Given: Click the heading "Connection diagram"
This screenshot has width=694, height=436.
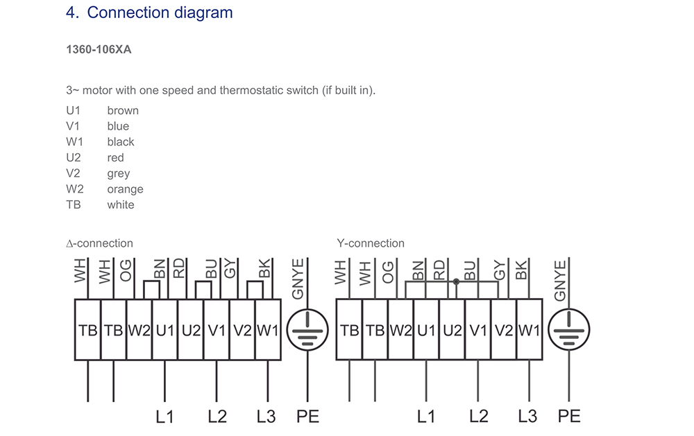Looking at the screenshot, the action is pos(160,12).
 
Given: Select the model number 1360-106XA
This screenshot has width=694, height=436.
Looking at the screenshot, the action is pos(99,49).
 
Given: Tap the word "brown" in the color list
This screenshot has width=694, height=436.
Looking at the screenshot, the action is pos(123,110).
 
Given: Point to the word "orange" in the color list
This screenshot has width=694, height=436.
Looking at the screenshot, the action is pos(125,189).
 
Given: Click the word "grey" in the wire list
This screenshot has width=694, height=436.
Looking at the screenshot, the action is pos(119,173).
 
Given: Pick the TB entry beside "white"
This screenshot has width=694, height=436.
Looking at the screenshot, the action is pos(74,204).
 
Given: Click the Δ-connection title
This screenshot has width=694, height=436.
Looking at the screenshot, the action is pos(99,243).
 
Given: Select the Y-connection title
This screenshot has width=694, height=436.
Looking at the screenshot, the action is pos(371,243).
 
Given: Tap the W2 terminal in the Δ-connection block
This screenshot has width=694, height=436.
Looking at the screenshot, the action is pos(139,330).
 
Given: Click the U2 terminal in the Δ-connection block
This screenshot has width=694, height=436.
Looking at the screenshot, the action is pos(191,330).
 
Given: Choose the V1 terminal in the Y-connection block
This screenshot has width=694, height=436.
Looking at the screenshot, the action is pos(478,330).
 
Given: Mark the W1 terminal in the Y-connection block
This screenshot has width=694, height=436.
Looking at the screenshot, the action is pos(530,330).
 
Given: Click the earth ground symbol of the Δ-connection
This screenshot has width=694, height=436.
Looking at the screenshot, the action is pos(307,330).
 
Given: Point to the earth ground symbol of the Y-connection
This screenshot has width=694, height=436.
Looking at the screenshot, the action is pos(569,330).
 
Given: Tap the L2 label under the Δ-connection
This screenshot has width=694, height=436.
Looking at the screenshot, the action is pos(217,417).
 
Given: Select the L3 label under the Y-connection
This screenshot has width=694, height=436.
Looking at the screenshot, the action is pos(527,417).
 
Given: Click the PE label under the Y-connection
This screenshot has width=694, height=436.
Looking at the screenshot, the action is pos(569,417).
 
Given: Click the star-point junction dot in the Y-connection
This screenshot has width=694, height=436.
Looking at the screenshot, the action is pos(456,281).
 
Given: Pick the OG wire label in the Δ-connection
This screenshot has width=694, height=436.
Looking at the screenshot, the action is pos(126,270).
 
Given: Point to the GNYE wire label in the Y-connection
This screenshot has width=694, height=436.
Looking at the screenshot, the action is pos(560,281).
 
